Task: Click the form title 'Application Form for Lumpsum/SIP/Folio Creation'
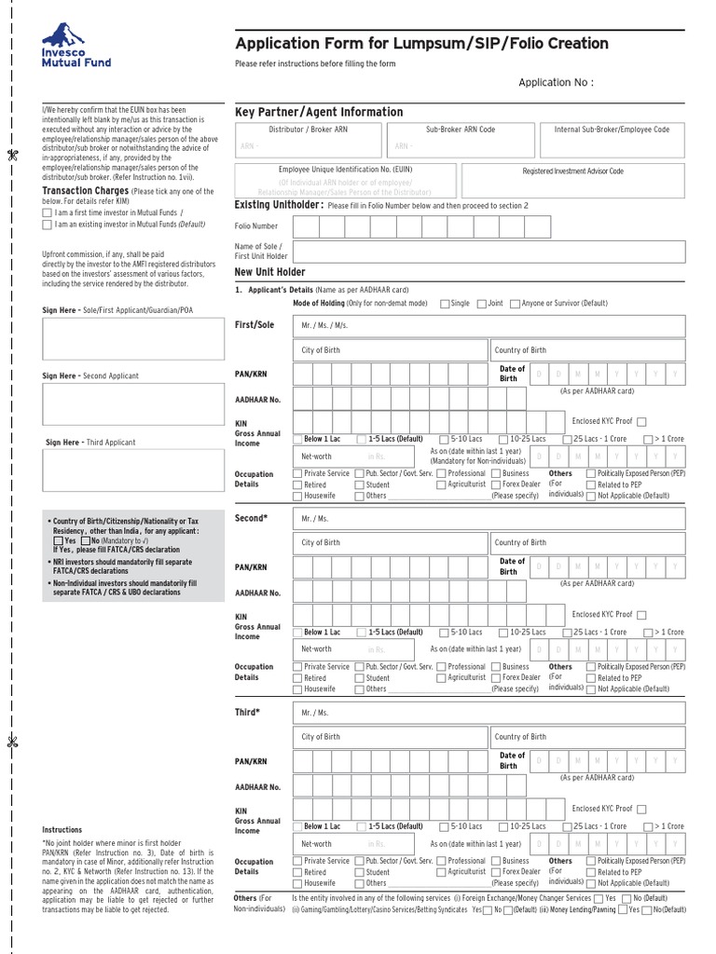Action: click(x=421, y=44)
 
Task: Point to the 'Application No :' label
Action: click(x=556, y=83)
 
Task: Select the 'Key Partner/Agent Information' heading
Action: click(x=319, y=112)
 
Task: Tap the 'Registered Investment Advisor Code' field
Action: click(x=572, y=172)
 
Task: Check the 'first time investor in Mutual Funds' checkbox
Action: click(x=48, y=213)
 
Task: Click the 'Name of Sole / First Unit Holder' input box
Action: click(x=489, y=252)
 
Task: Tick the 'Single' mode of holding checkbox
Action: click(x=444, y=304)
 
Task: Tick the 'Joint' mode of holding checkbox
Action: click(x=481, y=304)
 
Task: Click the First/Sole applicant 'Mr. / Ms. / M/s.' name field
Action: click(x=489, y=326)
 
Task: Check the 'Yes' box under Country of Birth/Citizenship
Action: click(x=59, y=540)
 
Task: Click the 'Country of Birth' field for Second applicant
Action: click(x=587, y=542)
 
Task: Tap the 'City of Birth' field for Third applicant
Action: click(x=391, y=737)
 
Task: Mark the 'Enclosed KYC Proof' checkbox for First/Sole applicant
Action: click(x=641, y=421)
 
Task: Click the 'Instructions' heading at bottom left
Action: click(x=62, y=829)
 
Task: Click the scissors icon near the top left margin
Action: click(x=13, y=155)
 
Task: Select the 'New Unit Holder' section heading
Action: click(x=270, y=272)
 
